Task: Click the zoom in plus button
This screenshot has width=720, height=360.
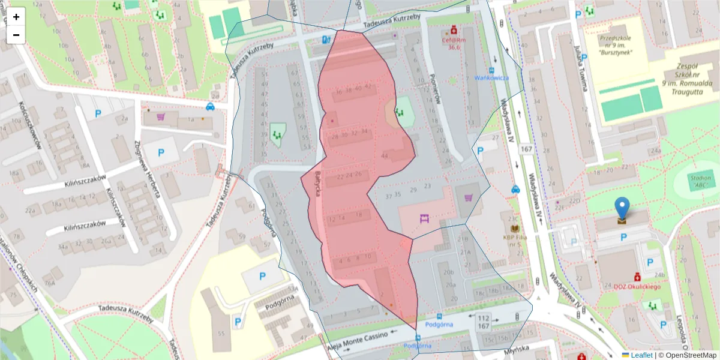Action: point(16,17)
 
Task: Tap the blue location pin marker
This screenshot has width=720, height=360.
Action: point(623,209)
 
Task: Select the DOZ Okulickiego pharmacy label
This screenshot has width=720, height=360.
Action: point(637,287)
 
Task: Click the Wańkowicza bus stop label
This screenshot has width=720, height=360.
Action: point(491,77)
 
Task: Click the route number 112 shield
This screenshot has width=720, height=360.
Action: point(483,316)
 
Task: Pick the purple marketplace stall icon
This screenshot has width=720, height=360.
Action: point(425,218)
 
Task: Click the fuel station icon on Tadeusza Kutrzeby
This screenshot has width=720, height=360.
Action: point(326,40)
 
